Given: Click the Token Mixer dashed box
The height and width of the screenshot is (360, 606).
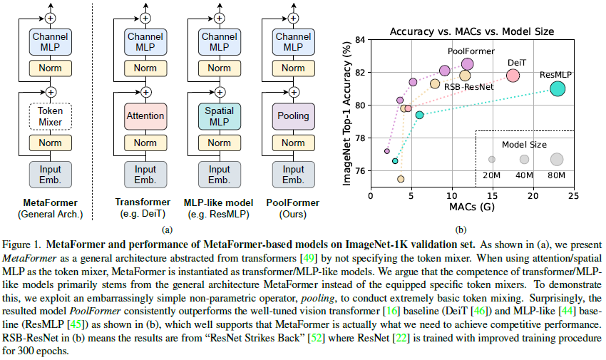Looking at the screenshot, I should [x=51, y=115].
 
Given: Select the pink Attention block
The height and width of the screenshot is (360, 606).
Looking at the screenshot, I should [x=145, y=115].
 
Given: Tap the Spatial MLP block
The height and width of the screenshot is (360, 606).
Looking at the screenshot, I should [x=219, y=115].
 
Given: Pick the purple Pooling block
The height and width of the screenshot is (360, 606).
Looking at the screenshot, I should [x=293, y=115].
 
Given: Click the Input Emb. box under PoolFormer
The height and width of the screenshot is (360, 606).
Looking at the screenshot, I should [x=293, y=174].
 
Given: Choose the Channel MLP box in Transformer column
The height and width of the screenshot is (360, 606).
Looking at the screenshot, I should [x=145, y=41].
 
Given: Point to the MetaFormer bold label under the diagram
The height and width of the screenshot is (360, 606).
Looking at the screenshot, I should [x=51, y=201].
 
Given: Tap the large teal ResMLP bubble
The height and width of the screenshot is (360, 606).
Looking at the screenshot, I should [x=558, y=88].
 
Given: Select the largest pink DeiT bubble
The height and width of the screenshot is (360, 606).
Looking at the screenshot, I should [x=513, y=76].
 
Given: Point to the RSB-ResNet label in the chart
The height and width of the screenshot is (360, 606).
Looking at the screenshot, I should [x=468, y=86].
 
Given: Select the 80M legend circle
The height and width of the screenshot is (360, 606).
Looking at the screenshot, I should [x=556, y=159].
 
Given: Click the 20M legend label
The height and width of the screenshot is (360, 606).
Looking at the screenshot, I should [x=492, y=175].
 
